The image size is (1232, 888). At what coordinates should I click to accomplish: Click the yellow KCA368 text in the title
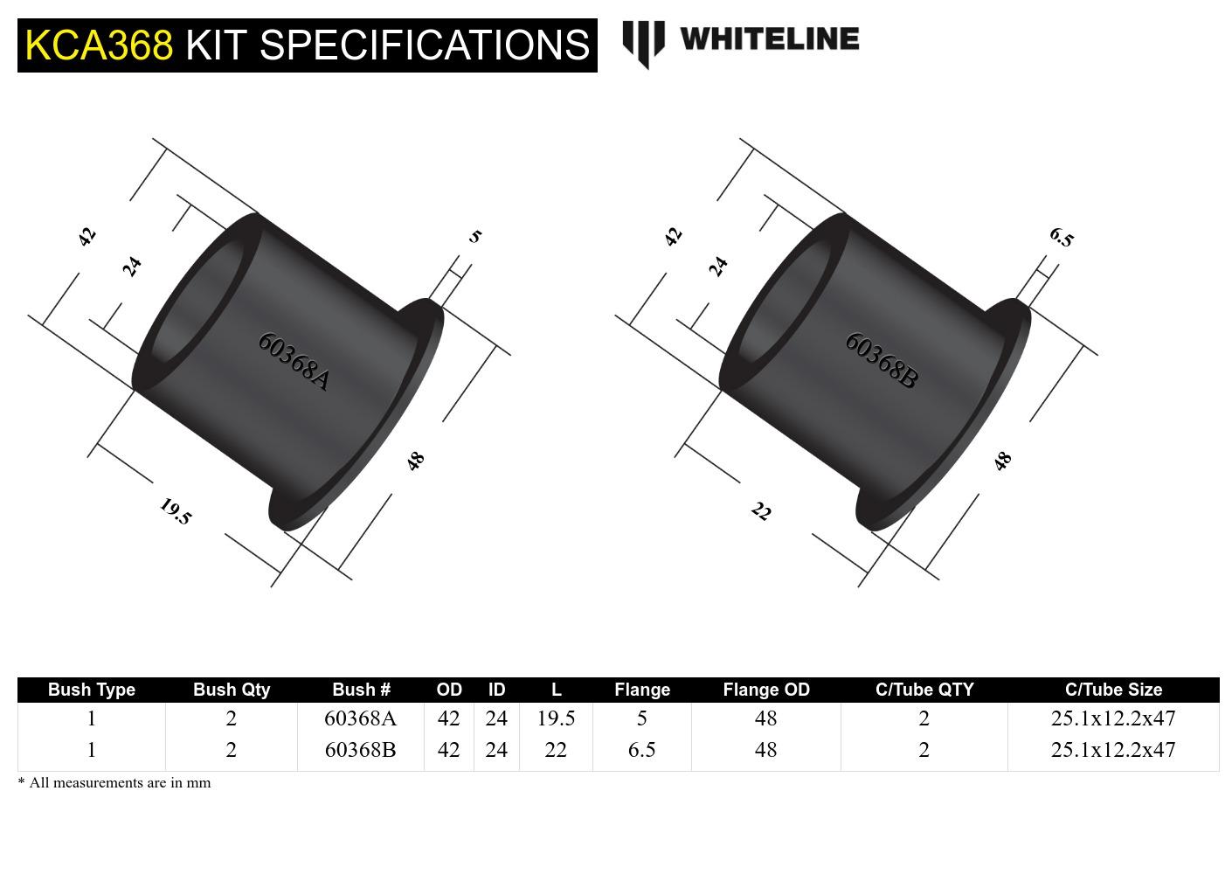[99, 45]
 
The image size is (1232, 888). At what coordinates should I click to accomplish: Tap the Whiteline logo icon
[643, 43]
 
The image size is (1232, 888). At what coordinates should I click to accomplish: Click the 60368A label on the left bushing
[294, 361]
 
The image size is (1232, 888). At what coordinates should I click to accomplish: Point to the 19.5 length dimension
[176, 511]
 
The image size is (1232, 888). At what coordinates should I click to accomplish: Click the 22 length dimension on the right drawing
[761, 511]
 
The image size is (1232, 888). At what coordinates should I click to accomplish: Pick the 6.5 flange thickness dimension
[1061, 237]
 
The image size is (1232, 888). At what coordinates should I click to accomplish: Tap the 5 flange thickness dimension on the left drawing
[474, 236]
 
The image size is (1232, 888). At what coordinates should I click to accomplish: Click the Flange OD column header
[765, 690]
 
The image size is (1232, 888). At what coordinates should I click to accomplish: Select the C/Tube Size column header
[1112, 690]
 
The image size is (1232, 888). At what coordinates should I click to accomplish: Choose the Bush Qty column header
[231, 690]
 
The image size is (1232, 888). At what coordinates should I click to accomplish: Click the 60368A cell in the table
[360, 718]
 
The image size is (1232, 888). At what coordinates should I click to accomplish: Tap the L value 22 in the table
[555, 750]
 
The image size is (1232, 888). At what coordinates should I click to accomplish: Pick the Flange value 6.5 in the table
[641, 750]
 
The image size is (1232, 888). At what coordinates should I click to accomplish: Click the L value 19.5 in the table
[555, 718]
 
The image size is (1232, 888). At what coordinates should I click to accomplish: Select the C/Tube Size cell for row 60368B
[1112, 750]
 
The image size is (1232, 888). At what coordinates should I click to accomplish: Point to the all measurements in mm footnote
[114, 783]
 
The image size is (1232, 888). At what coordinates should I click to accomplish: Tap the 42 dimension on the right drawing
[673, 237]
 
